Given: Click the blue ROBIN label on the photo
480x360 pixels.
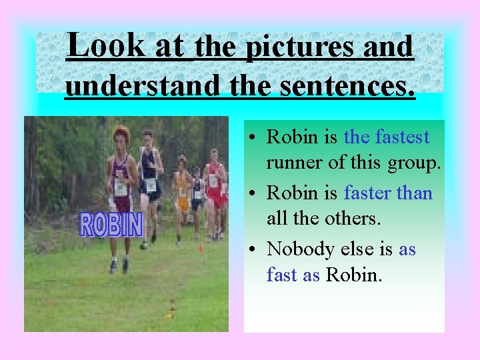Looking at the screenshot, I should [111, 225].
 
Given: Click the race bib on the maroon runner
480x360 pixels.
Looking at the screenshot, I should [121, 188].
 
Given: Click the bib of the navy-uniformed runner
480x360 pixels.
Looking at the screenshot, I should [151, 183].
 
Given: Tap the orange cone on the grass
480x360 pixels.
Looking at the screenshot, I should [201, 248].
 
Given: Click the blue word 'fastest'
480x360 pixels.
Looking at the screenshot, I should [403, 137].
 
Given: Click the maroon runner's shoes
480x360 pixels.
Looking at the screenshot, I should [119, 265].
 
